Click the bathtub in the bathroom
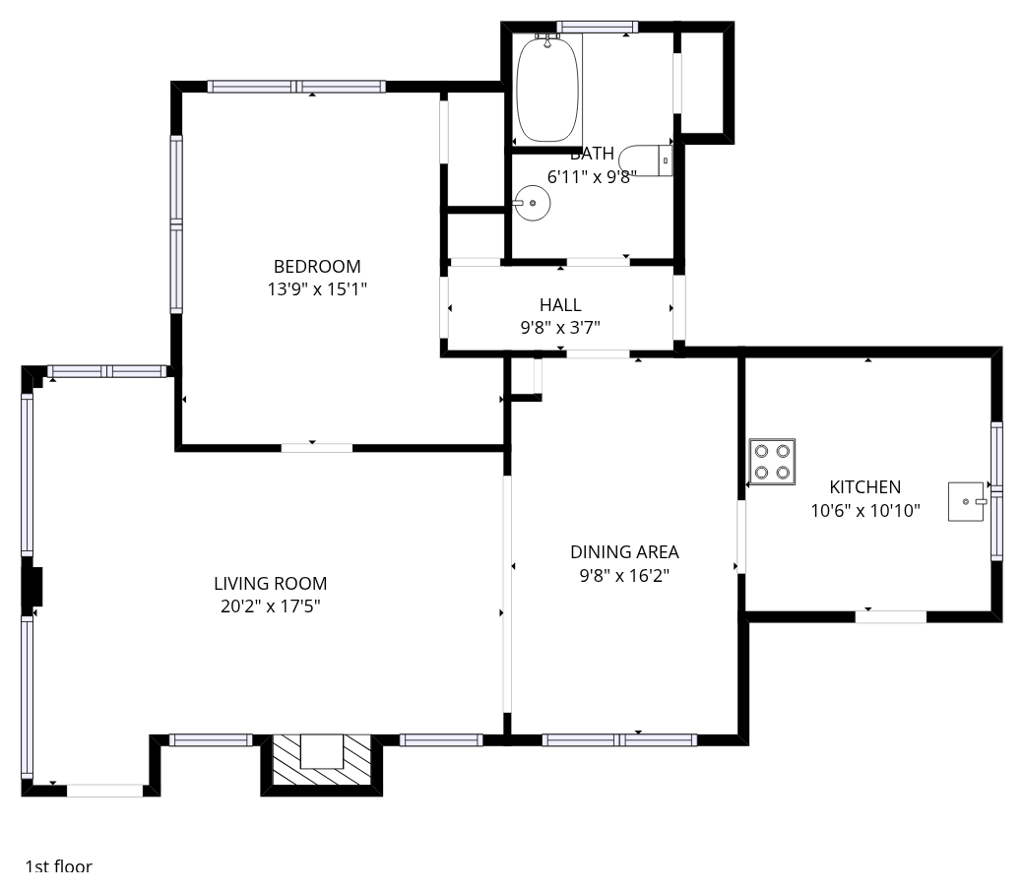point(547,89)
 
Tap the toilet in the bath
point(645,160)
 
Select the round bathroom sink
point(532,203)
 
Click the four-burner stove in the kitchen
point(772,462)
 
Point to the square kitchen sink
point(966,502)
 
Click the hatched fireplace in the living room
point(322,760)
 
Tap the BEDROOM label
point(317,266)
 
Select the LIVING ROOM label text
point(271,584)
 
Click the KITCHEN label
point(865,486)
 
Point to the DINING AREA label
point(624,552)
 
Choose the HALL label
point(560,305)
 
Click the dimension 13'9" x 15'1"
point(317,288)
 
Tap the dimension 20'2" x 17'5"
point(271,606)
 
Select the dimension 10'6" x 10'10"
point(865,510)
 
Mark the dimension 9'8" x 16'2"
point(624,576)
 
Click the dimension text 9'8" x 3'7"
point(560,328)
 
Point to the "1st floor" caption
point(59,866)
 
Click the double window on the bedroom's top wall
point(296,86)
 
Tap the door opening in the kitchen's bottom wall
point(890,616)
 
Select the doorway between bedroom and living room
point(316,448)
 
